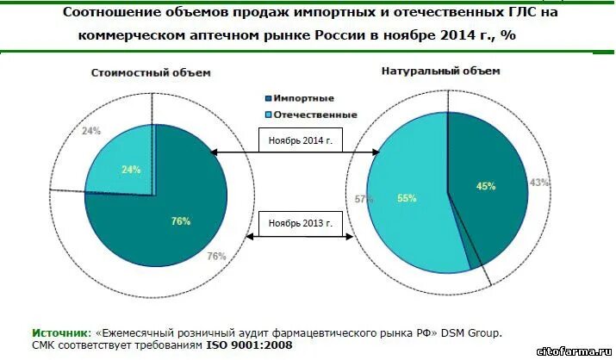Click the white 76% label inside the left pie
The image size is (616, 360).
(x=181, y=221)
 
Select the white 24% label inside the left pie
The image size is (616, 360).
(x=131, y=170)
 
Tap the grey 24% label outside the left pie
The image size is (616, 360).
(x=91, y=131)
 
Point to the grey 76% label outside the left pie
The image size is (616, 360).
(x=216, y=256)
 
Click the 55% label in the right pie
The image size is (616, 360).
(x=407, y=198)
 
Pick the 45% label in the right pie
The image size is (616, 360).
(x=486, y=185)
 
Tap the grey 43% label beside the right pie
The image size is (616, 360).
(x=539, y=183)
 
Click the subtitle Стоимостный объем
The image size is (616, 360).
(x=151, y=73)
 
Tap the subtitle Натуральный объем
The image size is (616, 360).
(x=440, y=71)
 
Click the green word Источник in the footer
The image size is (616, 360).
(x=60, y=332)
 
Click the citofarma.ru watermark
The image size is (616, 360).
(x=574, y=351)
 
